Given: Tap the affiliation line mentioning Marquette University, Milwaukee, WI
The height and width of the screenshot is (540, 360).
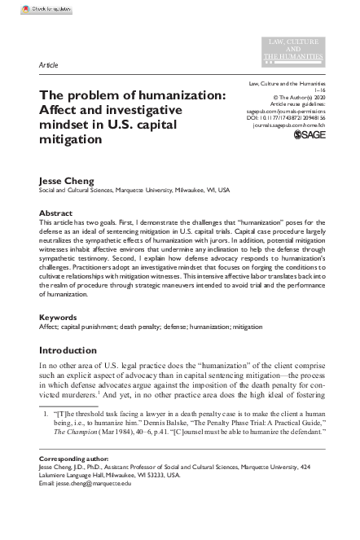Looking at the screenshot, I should tap(134, 191).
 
